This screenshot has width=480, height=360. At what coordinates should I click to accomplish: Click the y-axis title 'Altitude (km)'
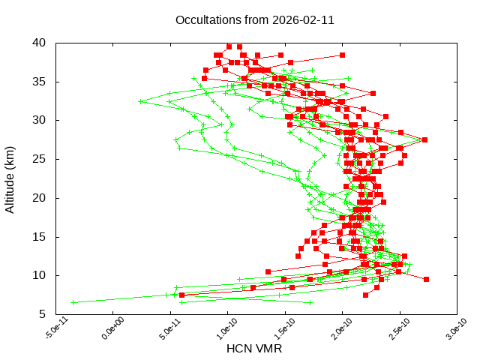10,178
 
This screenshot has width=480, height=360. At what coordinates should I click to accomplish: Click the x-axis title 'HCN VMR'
254,349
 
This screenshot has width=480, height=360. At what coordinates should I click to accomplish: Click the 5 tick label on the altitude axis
43,314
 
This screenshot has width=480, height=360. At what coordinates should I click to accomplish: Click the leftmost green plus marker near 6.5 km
73,302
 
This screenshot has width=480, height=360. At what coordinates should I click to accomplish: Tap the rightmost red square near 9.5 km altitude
426,279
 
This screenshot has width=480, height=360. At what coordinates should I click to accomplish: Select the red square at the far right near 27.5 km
424,139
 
